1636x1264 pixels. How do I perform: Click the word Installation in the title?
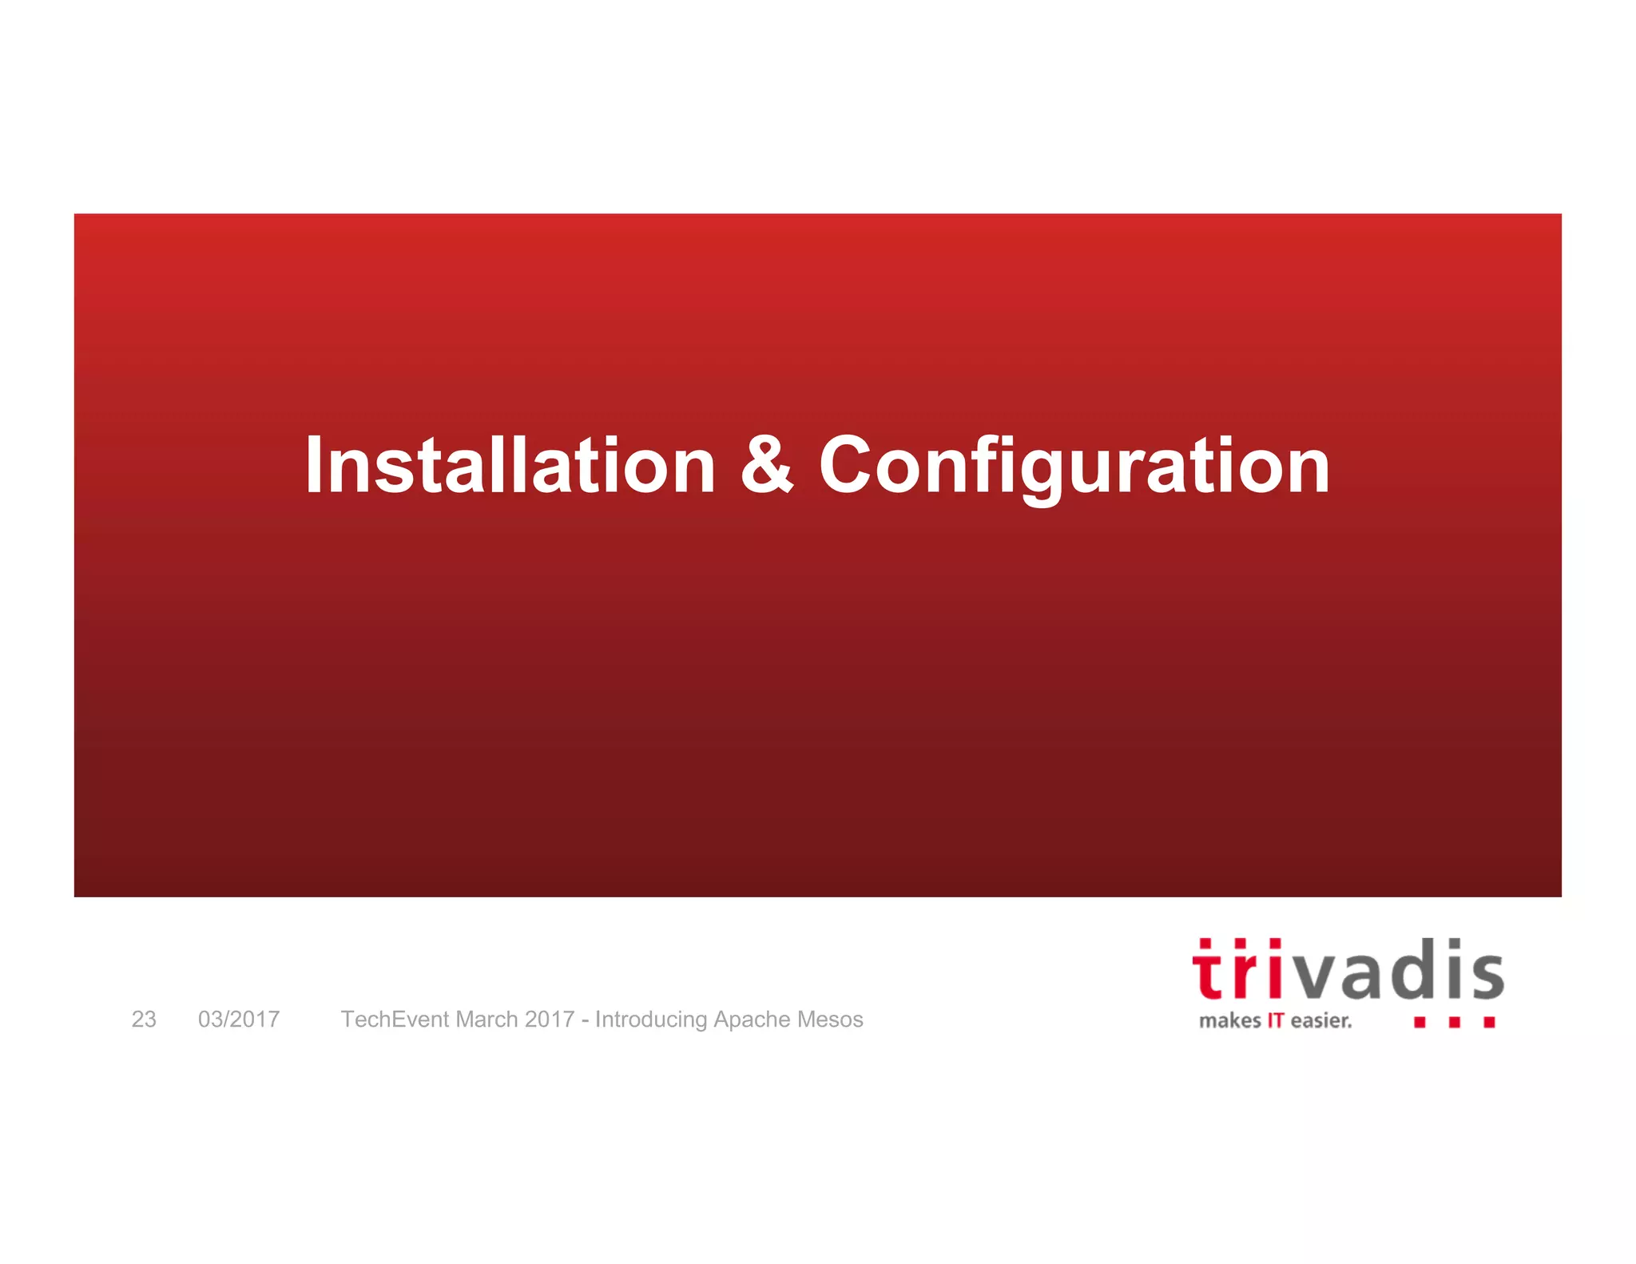pyautogui.click(x=510, y=465)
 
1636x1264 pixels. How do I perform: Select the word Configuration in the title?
pyautogui.click(x=1074, y=467)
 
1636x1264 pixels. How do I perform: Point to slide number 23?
pyautogui.click(x=144, y=1020)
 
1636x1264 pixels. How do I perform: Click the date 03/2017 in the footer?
pyautogui.click(x=239, y=1020)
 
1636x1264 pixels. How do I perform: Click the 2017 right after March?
pyautogui.click(x=550, y=1020)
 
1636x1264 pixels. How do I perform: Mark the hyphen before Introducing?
pyautogui.click(x=586, y=1020)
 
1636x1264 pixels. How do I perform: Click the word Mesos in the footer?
pyautogui.click(x=830, y=1020)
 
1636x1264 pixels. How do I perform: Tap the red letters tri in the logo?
pyautogui.click(x=1238, y=970)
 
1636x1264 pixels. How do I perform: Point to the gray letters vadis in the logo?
pyautogui.click(x=1400, y=972)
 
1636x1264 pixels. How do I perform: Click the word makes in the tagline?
pyautogui.click(x=1229, y=1021)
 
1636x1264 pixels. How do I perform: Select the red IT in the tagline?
pyautogui.click(x=1276, y=1021)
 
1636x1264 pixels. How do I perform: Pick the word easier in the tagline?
pyautogui.click(x=1320, y=1021)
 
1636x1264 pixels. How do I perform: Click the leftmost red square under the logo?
pyautogui.click(x=1420, y=1022)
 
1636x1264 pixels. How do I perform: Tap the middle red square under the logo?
pyautogui.click(x=1455, y=1022)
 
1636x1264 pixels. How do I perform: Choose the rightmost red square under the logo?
pyautogui.click(x=1489, y=1022)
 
